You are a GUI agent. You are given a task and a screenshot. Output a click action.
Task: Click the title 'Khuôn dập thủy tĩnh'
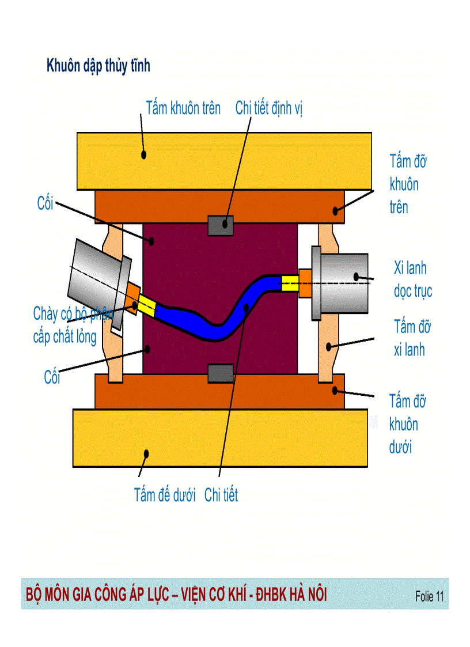point(98,66)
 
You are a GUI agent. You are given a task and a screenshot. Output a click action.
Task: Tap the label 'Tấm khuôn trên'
point(183,108)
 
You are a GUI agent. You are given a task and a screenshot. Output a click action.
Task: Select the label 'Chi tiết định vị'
point(269,108)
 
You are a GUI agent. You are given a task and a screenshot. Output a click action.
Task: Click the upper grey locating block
point(220,225)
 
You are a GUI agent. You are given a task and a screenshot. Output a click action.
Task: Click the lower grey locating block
point(220,373)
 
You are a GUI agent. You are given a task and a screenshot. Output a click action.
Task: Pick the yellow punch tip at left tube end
point(147,307)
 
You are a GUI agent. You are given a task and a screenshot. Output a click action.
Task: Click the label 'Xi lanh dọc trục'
point(412,279)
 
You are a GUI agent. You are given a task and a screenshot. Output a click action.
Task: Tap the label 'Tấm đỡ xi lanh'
point(412,338)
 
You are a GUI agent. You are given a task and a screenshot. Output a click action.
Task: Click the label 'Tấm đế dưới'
point(165,495)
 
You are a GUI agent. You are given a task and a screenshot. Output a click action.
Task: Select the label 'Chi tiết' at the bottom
point(221,495)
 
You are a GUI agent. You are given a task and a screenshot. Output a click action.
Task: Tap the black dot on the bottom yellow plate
point(146,454)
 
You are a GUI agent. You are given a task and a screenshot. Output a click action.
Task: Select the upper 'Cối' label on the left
point(45,203)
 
